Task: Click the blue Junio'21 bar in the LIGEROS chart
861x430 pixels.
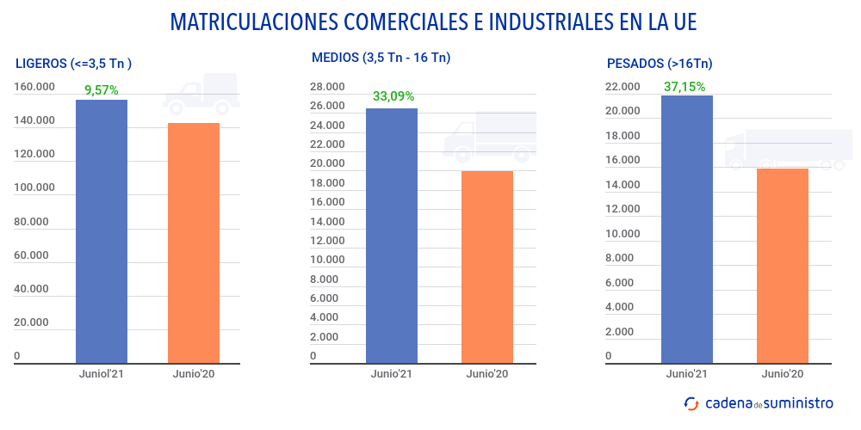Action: (102, 231)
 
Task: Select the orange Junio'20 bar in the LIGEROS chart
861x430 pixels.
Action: (194, 243)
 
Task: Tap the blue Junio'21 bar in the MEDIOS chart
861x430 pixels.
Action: (392, 236)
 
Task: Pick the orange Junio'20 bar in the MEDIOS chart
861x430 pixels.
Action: (487, 267)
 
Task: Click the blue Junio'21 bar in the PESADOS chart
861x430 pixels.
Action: (687, 229)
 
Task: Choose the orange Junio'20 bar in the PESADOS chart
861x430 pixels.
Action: (783, 265)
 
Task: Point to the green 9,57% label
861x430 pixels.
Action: (101, 89)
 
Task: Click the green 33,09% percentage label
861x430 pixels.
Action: (393, 96)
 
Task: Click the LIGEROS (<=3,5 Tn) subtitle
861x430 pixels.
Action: (74, 63)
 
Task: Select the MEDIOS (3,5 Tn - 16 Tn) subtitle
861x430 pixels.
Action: (381, 58)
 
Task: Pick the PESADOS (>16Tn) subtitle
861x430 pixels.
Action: (660, 63)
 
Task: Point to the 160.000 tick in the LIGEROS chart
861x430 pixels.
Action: (34, 87)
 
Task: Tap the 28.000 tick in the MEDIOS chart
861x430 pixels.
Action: (327, 87)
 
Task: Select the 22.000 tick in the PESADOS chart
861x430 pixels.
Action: (623, 87)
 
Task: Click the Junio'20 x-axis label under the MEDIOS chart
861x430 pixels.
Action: (487, 374)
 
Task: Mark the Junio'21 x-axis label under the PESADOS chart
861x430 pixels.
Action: (687, 374)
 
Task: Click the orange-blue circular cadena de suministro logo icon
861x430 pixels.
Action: (691, 403)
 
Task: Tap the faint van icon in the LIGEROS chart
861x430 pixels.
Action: (201, 93)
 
